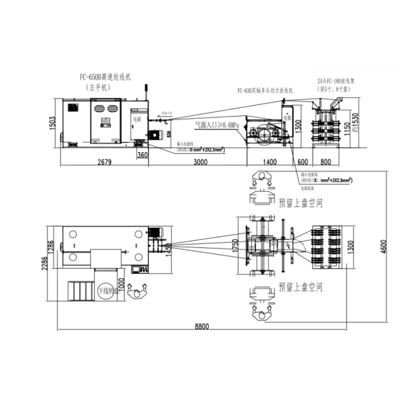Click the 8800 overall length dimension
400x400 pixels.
202,326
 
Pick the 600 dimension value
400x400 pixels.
303,162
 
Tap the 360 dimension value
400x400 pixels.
142,155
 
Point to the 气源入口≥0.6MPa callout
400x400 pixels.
217,124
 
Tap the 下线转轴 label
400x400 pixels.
107,291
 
